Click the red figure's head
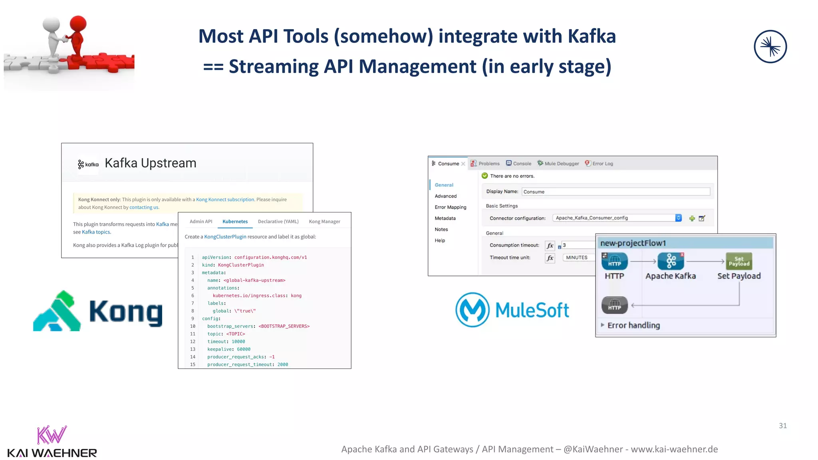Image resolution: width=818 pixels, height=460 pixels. pyautogui.click(x=78, y=23)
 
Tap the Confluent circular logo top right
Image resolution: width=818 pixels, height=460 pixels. pyautogui.click(x=770, y=47)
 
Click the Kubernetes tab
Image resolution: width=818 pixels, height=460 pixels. pyautogui.click(x=235, y=222)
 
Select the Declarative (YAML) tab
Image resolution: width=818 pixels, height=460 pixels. pyautogui.click(x=278, y=222)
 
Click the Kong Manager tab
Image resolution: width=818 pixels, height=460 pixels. pyautogui.click(x=324, y=222)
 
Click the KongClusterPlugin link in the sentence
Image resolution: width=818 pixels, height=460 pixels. pyautogui.click(x=225, y=237)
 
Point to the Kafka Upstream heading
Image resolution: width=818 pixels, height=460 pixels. pyautogui.click(x=150, y=163)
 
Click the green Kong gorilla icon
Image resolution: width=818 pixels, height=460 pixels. pyautogui.click(x=57, y=311)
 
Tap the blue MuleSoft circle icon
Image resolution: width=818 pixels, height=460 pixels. pyautogui.click(x=472, y=310)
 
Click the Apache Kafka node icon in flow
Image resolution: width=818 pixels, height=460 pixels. pyautogui.click(x=671, y=262)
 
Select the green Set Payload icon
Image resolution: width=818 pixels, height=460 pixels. pyautogui.click(x=739, y=262)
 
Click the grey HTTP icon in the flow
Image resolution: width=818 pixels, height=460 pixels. pyautogui.click(x=614, y=305)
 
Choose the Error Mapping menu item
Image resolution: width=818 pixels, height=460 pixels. pyautogui.click(x=450, y=207)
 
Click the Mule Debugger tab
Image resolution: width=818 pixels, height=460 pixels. pyautogui.click(x=561, y=164)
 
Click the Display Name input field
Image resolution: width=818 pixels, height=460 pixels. pyautogui.click(x=615, y=192)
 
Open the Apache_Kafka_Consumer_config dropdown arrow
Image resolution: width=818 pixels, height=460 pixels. pyautogui.click(x=678, y=218)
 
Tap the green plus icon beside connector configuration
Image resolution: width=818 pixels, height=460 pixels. pyautogui.click(x=692, y=218)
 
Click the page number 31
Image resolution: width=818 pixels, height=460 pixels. pyautogui.click(x=782, y=426)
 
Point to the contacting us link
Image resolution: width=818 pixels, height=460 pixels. pyautogui.click(x=144, y=207)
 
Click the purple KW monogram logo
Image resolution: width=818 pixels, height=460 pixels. pyautogui.click(x=52, y=435)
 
